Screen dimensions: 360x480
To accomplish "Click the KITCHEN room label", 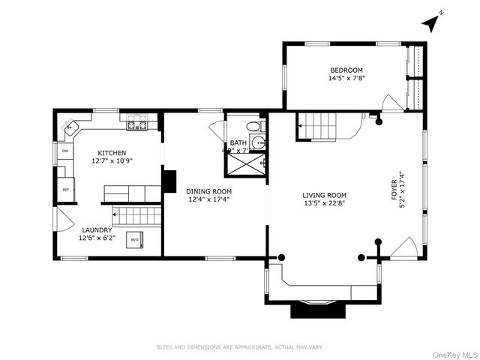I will pyautogui.click(x=112, y=152).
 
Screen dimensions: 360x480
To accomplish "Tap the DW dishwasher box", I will pyautogui.click(x=65, y=151).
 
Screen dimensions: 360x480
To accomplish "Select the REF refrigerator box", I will pyautogui.click(x=65, y=189).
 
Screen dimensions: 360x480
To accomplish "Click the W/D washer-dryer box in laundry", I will pyautogui.click(x=135, y=240).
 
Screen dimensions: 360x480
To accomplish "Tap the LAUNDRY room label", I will pyautogui.click(x=97, y=229).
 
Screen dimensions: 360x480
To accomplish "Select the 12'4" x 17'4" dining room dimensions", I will pyautogui.click(x=208, y=199).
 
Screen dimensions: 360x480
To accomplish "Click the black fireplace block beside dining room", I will pyautogui.click(x=169, y=181).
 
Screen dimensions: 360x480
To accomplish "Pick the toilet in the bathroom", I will pyautogui.click(x=253, y=126).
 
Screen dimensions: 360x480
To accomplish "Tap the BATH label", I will pyautogui.click(x=238, y=142).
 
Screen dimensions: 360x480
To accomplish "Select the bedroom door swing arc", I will pyautogui.click(x=392, y=103).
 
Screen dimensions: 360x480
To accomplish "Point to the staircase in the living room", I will pyautogui.click(x=321, y=124).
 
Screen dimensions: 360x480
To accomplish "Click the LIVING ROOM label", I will pyautogui.click(x=325, y=195).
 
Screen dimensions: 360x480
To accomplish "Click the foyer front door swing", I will pyautogui.click(x=403, y=247).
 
